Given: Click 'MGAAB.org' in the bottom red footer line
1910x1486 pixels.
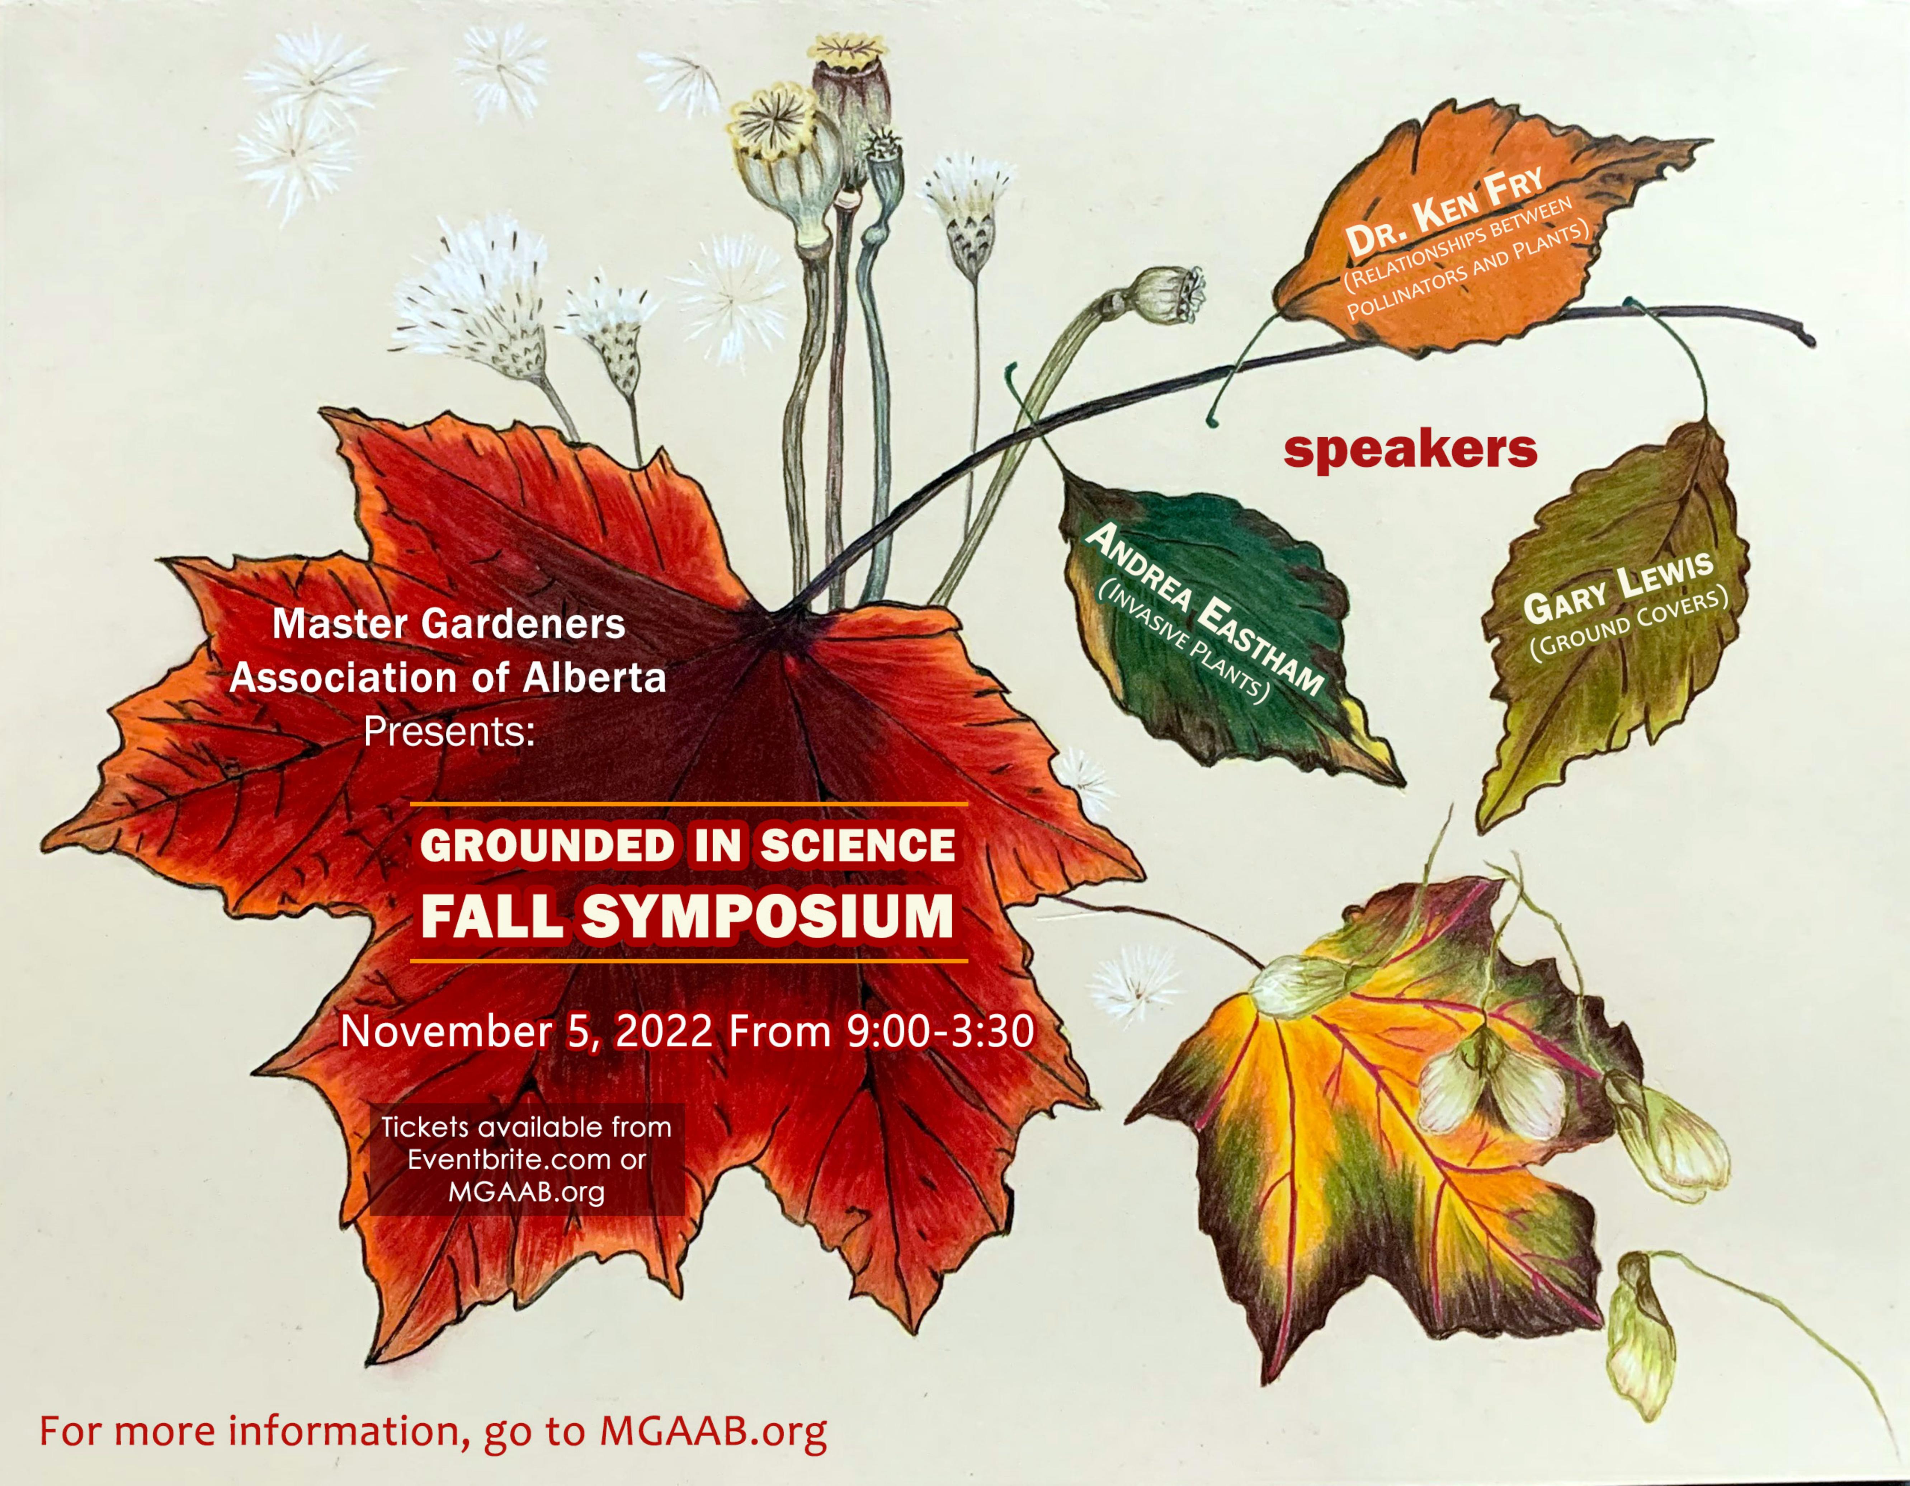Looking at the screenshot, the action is [x=713, y=1432].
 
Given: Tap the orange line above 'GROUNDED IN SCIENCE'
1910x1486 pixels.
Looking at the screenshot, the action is [x=689, y=803].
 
